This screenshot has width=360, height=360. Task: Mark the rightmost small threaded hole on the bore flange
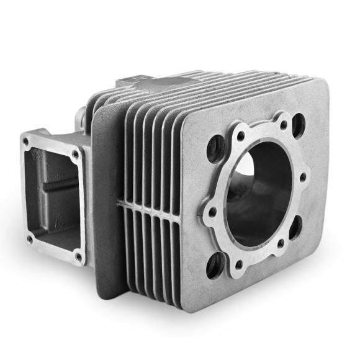(302, 178)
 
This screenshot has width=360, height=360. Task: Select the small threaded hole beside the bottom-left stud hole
(238, 263)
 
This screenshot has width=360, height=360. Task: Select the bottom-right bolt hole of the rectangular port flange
(78, 255)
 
